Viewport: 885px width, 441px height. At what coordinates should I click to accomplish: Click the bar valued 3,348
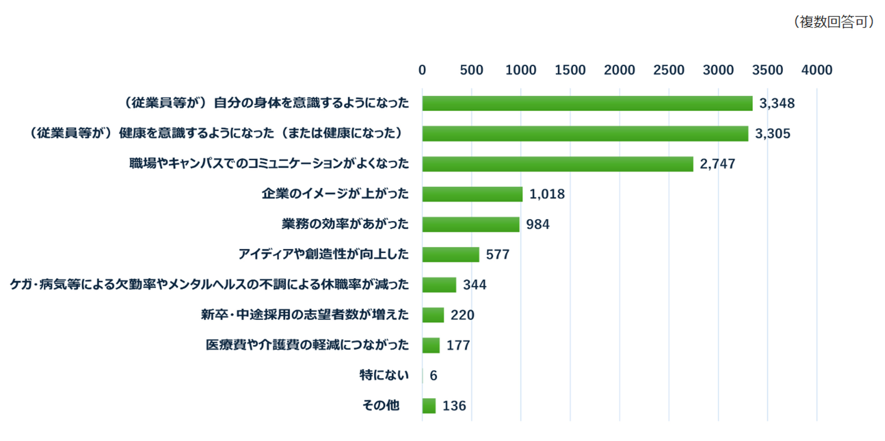[x=587, y=103]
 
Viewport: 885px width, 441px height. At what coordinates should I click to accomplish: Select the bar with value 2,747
[x=558, y=164]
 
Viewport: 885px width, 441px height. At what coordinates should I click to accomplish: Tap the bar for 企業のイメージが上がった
[x=472, y=194]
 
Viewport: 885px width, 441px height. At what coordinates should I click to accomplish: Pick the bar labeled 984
[x=471, y=224]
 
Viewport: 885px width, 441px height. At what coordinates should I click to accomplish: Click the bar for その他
[x=429, y=405]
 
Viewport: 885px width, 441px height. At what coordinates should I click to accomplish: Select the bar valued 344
[x=439, y=285]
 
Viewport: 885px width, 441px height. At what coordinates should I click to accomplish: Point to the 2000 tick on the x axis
[x=619, y=70]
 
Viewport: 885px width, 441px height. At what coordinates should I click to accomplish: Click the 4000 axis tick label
[x=816, y=70]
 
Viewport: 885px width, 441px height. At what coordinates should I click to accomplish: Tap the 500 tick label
[x=471, y=70]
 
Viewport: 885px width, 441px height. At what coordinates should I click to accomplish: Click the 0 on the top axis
[x=422, y=70]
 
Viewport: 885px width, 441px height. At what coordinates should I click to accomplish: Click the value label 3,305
[x=772, y=134]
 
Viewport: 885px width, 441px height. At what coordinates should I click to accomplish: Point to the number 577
[x=498, y=254]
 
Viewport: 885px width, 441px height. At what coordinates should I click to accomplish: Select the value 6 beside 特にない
[x=433, y=375]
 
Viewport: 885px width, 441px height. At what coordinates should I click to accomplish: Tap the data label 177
[x=458, y=345]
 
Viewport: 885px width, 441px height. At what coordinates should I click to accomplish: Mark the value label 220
[x=462, y=315]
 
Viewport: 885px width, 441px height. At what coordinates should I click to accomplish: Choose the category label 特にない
[x=384, y=375]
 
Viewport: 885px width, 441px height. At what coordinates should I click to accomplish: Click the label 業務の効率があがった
[x=345, y=224]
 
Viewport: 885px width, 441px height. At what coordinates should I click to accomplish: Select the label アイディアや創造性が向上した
[x=323, y=254]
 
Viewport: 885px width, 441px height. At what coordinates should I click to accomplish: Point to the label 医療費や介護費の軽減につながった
[x=307, y=345]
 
